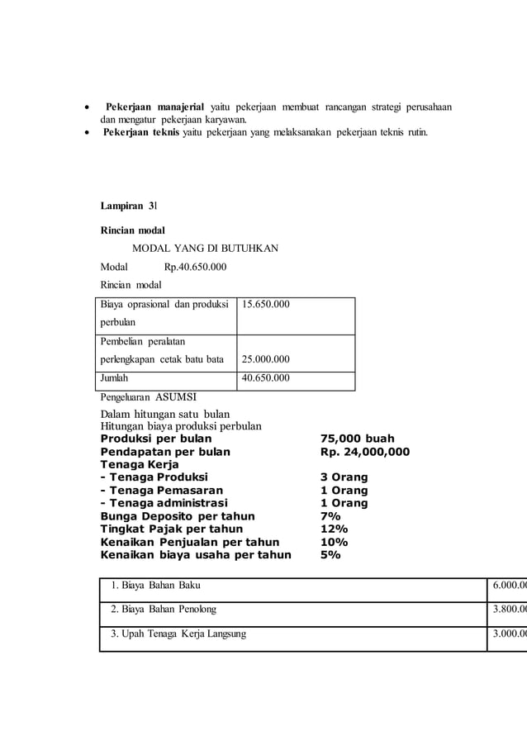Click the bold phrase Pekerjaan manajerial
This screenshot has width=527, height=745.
[x=154, y=108]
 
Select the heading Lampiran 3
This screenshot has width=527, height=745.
[x=128, y=205]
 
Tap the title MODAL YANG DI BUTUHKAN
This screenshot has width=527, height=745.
[x=206, y=248]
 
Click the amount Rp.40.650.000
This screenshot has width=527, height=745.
[x=196, y=267]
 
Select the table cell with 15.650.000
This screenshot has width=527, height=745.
[x=265, y=305]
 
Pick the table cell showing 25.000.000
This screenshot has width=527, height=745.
[x=265, y=359]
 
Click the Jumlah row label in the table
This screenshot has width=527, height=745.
[x=115, y=378]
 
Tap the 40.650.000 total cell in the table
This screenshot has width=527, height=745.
[x=265, y=378]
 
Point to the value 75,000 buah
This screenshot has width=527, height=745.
[x=357, y=439]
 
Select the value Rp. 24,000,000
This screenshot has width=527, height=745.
[x=364, y=452]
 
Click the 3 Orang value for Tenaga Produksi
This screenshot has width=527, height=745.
[x=344, y=477]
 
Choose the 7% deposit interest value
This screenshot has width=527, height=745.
[x=330, y=516]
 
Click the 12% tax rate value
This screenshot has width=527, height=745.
[x=334, y=529]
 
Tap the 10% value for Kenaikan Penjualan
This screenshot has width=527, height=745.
[x=334, y=542]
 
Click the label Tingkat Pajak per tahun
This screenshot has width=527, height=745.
[x=172, y=529]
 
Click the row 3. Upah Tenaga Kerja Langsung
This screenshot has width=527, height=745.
[x=178, y=633]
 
